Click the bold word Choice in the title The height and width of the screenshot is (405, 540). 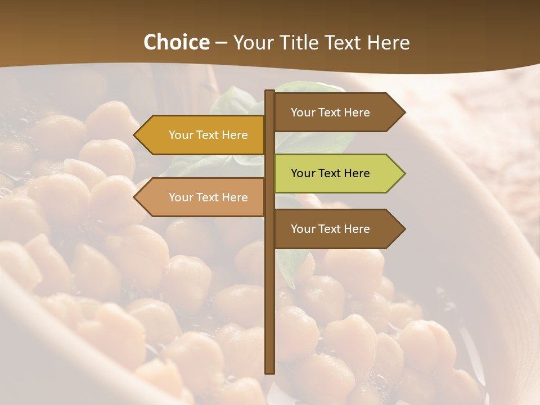click(176, 42)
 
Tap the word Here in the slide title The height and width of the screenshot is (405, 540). click(388, 42)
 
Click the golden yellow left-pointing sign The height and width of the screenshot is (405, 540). click(202, 135)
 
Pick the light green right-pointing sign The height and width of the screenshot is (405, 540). click(337, 173)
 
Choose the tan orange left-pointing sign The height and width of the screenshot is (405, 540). click(202, 197)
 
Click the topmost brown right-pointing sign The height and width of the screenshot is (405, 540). click(337, 112)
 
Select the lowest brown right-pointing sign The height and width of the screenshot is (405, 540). click(337, 229)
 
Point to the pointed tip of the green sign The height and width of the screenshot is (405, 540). click(403, 173)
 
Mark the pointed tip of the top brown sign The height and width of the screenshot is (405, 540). click(403, 112)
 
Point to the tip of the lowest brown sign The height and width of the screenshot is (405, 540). click(403, 229)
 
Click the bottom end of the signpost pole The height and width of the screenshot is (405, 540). click(270, 371)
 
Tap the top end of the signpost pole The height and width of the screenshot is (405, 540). click(270, 92)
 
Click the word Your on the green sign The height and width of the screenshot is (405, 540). click(303, 173)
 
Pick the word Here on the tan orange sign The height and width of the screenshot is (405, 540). click(235, 197)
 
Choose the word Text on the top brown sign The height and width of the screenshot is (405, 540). click(330, 112)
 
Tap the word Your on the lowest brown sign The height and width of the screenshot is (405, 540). click(303, 229)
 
